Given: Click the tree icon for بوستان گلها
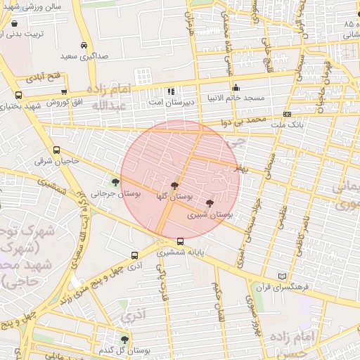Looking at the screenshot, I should point(174,185).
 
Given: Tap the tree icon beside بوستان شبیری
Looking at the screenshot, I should point(210,202).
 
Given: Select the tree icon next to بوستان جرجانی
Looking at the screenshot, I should point(115,183).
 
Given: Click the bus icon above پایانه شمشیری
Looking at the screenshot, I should point(181,241).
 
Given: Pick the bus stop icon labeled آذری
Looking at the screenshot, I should point(134,256).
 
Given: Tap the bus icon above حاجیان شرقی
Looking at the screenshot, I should point(56,150).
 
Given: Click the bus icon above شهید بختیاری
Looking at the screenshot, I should point(18,94).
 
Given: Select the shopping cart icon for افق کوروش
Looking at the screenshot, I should point(64,91).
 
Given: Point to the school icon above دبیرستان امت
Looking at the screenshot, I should point(171,91).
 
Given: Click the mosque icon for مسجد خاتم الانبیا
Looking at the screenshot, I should point(236,88).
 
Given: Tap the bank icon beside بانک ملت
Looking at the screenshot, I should point(286,113).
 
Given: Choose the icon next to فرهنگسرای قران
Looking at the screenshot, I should point(283,276).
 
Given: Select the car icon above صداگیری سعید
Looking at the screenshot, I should point(84,46).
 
